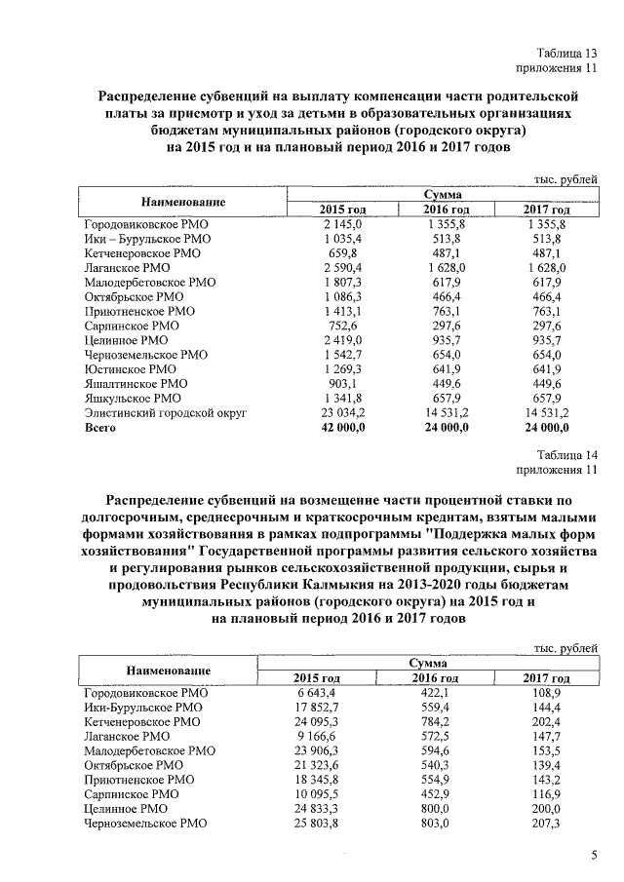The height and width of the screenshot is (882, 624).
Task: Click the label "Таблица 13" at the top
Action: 565,52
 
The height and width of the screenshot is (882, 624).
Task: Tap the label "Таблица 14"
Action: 565,455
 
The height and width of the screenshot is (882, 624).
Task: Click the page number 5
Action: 593,855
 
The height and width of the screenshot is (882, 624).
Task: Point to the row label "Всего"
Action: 100,427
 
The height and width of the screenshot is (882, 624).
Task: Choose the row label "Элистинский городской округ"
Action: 164,413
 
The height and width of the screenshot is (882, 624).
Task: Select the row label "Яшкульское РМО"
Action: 132,399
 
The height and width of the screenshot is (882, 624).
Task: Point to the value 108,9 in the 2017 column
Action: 546,692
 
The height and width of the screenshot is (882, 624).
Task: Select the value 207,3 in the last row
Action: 546,824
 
